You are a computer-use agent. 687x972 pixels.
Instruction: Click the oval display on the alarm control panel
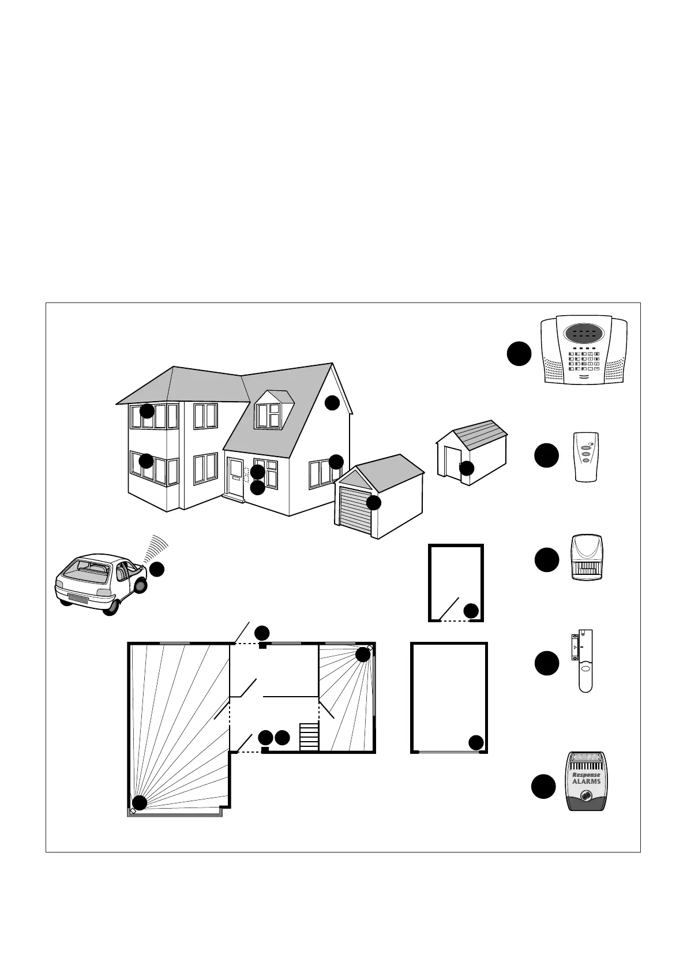click(x=584, y=333)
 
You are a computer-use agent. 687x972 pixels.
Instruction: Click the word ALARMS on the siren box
click(x=586, y=782)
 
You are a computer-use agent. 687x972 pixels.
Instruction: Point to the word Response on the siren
click(x=586, y=775)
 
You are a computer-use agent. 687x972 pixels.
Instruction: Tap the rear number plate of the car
click(x=77, y=599)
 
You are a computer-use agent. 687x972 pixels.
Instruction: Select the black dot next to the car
click(x=157, y=569)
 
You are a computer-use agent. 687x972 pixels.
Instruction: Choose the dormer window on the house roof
click(x=269, y=415)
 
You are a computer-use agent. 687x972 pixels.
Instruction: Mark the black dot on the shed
click(x=466, y=468)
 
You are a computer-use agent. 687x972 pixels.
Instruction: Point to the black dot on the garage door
click(x=373, y=502)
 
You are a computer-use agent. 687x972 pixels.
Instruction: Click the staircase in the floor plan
click(x=309, y=736)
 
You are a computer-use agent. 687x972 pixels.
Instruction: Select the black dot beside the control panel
click(x=519, y=354)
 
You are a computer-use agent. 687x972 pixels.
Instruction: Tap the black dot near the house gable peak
click(x=332, y=403)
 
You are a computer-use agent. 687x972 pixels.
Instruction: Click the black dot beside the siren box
click(x=543, y=787)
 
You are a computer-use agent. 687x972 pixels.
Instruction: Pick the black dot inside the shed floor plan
click(x=471, y=610)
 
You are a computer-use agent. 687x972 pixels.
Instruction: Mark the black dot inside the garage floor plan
click(x=476, y=742)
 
